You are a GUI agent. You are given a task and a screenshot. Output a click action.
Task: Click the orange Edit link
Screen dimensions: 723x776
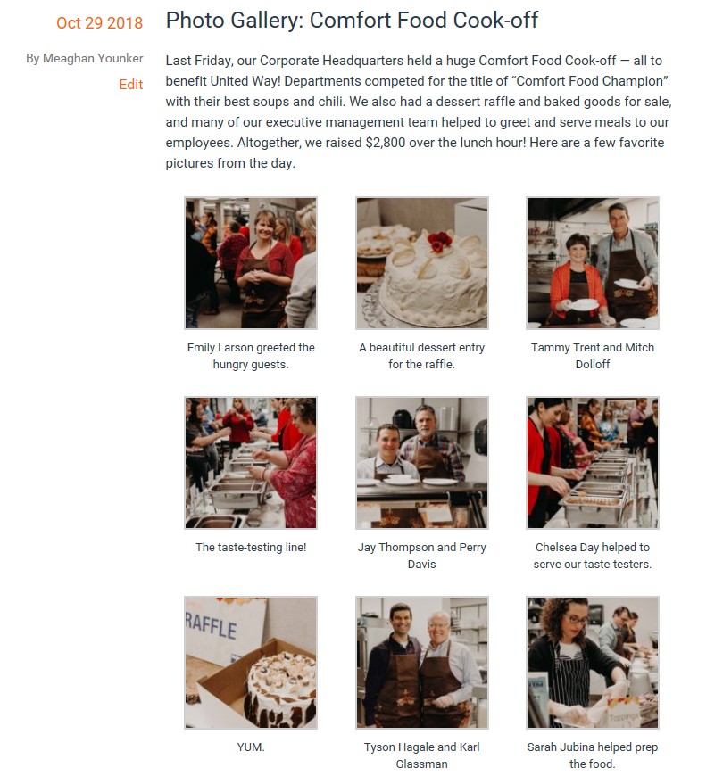click(x=130, y=85)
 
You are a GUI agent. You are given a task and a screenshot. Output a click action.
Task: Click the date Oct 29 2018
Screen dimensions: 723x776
click(x=100, y=23)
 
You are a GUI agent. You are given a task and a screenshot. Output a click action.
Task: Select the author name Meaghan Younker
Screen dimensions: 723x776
click(x=93, y=58)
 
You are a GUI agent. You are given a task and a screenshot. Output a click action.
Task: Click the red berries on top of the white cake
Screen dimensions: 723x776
click(x=439, y=242)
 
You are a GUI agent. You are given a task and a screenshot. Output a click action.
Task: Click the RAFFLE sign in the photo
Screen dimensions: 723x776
click(x=212, y=625)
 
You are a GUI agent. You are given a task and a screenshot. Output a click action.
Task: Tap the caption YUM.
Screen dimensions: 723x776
click(x=251, y=747)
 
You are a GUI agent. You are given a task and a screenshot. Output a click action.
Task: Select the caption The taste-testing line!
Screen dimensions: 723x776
click(x=251, y=547)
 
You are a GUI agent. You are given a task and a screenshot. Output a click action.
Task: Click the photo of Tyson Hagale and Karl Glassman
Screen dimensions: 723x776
click(x=422, y=663)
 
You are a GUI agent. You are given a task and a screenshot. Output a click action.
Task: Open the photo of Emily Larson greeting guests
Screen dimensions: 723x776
click(x=251, y=263)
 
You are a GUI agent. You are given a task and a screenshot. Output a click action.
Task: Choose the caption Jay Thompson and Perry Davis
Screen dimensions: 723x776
click(x=422, y=556)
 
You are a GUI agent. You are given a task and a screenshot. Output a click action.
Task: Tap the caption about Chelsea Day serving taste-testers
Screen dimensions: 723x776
click(x=593, y=556)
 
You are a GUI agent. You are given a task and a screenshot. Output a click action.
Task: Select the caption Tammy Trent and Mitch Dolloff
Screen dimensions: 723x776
click(x=593, y=355)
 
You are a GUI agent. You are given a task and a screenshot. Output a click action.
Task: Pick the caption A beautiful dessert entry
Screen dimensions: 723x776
click(x=422, y=348)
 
